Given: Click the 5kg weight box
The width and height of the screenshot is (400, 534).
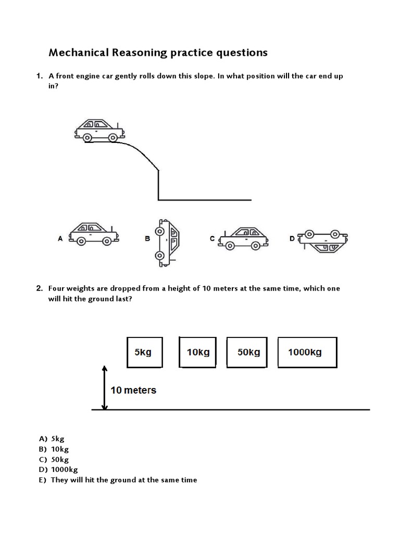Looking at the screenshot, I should coord(143,353).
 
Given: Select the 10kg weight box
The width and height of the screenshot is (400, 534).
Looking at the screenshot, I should coord(198,353).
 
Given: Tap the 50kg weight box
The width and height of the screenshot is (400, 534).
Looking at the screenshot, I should coord(248,353).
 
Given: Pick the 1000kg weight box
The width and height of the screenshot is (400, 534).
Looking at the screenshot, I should coord(307,353).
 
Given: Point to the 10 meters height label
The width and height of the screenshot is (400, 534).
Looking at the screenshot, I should coord(133,390).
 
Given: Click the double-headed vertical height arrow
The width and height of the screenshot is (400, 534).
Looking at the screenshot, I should coord(105,387).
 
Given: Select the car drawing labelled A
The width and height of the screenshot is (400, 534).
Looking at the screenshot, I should coord(94,234).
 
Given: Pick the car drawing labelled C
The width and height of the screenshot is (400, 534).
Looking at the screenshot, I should coord(244,237).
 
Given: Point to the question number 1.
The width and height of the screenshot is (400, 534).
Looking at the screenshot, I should coord(39,76).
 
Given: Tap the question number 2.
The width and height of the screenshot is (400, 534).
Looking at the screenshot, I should coord(39,288).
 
